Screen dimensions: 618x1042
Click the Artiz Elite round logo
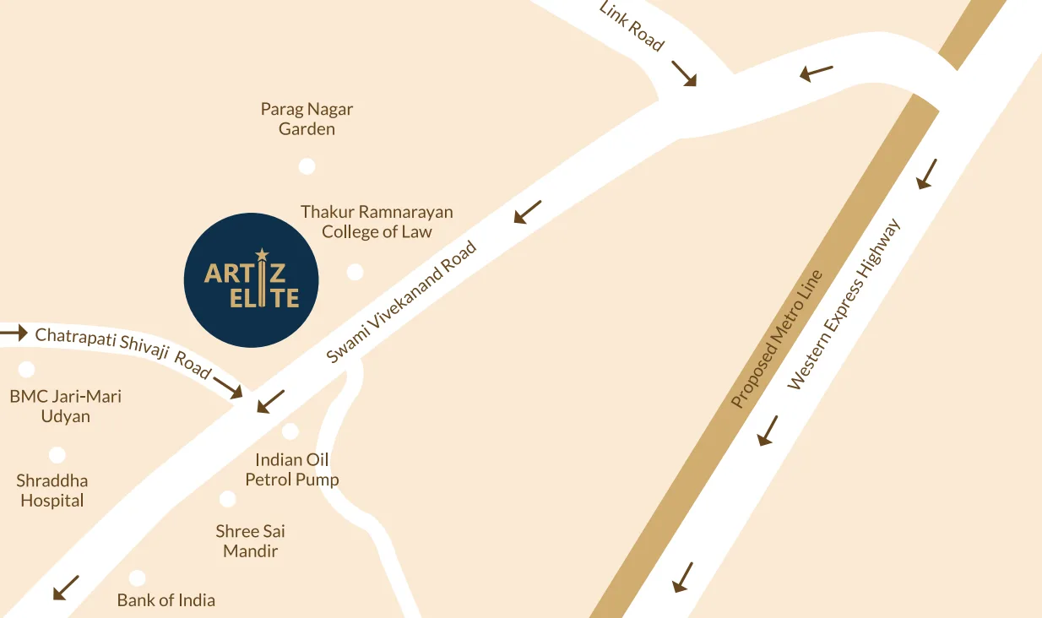point(251,280)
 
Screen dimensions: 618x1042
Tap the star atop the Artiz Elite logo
point(262,253)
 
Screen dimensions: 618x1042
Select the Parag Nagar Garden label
point(307,119)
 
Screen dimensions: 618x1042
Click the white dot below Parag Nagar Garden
point(307,166)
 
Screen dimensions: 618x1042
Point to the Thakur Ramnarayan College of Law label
point(377,221)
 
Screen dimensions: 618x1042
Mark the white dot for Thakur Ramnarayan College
point(355,272)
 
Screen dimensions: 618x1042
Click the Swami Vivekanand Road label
point(401,303)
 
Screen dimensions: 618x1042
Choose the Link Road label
point(632,26)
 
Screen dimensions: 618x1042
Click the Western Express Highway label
point(844,304)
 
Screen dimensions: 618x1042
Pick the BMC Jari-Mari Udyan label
point(66,406)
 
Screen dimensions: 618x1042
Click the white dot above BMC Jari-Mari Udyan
point(27,369)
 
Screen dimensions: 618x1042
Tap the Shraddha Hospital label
point(52,491)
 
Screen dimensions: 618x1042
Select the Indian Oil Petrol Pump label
point(292,469)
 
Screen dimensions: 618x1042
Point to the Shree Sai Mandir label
point(251,541)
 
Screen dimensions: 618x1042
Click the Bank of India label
point(166,600)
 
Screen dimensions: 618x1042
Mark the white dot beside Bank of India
point(137,578)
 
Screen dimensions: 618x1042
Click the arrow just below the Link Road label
point(684,73)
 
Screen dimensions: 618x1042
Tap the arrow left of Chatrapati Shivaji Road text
point(14,333)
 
